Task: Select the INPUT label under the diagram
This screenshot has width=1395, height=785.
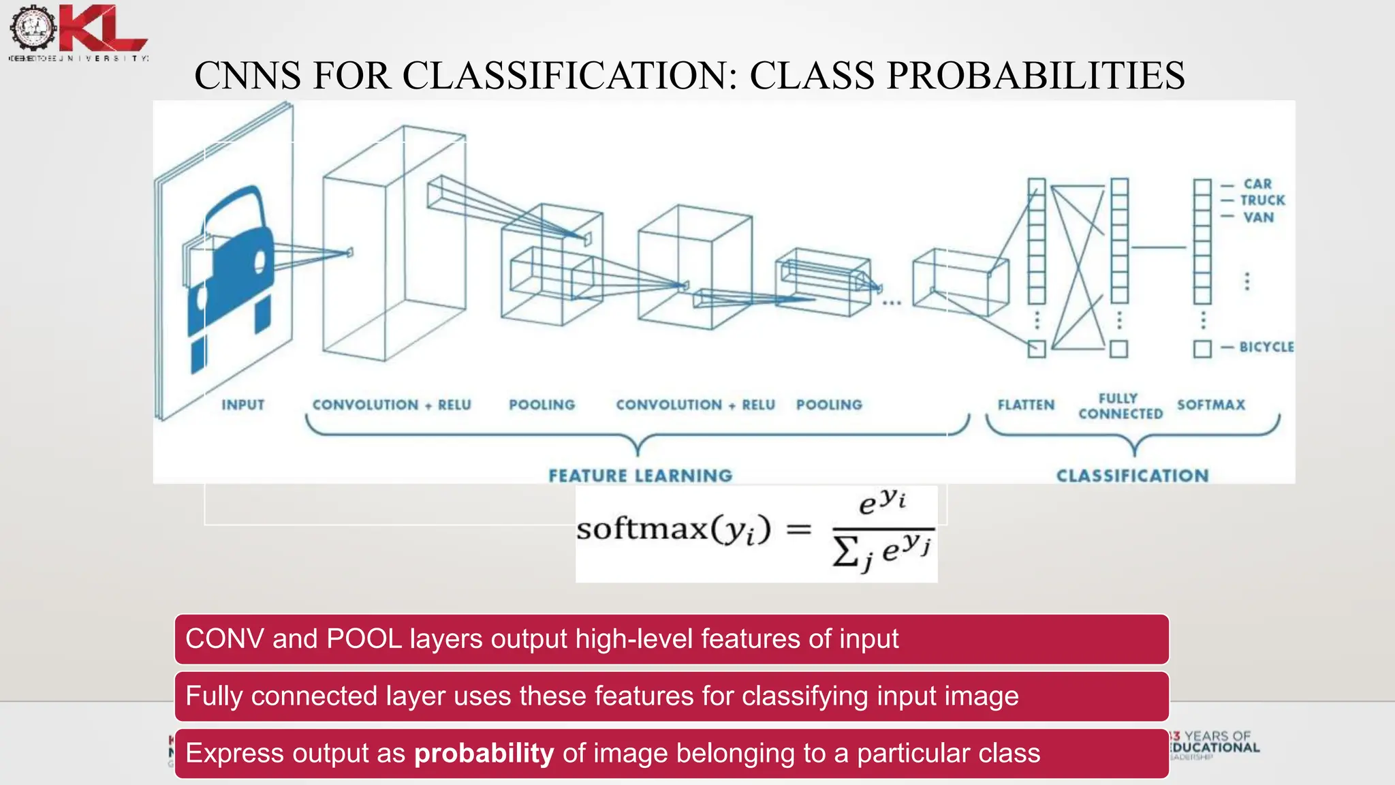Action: pos(242,405)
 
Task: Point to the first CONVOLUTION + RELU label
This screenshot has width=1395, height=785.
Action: pos(392,405)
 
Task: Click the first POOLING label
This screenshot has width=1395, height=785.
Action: pos(542,405)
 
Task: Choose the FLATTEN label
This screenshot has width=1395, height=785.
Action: pos(1026,405)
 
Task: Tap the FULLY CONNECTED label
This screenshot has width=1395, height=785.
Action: pos(1120,406)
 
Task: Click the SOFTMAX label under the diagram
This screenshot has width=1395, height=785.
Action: pos(1211,405)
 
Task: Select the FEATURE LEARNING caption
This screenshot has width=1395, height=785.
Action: pos(640,476)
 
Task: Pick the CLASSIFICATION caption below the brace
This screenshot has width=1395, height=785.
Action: pos(1133,476)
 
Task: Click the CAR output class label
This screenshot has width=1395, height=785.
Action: pos(1257,184)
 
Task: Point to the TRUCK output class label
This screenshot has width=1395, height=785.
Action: pos(1262,200)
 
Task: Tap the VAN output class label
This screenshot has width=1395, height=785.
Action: pos(1258,217)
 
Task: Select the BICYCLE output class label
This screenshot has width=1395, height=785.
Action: pos(1266,347)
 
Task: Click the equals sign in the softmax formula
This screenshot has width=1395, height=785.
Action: pos(799,529)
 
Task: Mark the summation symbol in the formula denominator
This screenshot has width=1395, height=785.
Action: pos(845,551)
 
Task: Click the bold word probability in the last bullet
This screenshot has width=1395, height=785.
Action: pos(484,754)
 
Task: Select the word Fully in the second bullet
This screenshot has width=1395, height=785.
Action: pos(214,696)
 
